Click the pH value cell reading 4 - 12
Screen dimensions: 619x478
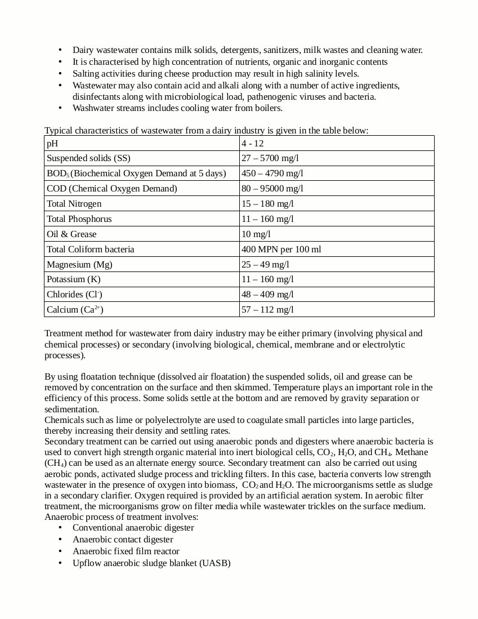253,144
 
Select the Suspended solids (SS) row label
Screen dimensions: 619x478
88,159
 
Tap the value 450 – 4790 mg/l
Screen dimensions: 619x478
272,173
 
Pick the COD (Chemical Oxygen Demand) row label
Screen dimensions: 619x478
112,189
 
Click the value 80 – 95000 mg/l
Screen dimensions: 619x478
272,189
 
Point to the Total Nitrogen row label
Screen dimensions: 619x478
74,204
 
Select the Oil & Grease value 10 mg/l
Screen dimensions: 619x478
256,234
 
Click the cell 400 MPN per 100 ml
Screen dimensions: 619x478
282,250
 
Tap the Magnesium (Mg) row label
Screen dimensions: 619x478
79,265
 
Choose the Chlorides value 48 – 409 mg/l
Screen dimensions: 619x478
267,295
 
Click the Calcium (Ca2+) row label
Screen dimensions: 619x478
75,310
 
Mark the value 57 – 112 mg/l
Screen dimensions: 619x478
267,310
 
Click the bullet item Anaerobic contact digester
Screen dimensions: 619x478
123,540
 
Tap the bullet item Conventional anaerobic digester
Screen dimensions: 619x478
133,528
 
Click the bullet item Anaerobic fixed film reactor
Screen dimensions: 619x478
126,551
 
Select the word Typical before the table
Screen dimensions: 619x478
59,131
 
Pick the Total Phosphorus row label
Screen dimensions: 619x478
79,219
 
